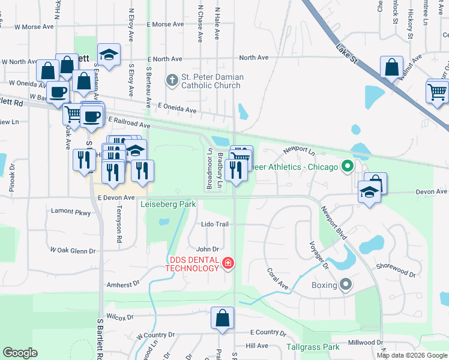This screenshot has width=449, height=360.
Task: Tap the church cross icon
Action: click(172, 79)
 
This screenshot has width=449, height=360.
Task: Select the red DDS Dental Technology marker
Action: click(228, 262)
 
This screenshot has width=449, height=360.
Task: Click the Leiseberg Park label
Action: click(168, 204)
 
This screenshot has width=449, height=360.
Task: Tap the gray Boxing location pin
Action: click(345, 284)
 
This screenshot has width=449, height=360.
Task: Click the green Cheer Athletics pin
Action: click(346, 166)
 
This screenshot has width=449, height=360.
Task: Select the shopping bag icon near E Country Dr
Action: click(222, 318)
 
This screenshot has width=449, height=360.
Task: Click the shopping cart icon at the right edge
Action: click(438, 92)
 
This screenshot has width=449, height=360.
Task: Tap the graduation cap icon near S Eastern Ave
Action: click(109, 55)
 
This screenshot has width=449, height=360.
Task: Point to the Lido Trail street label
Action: click(215, 224)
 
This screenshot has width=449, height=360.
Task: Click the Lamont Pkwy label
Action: click(71, 212)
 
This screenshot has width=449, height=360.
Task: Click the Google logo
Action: click(20, 353)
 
